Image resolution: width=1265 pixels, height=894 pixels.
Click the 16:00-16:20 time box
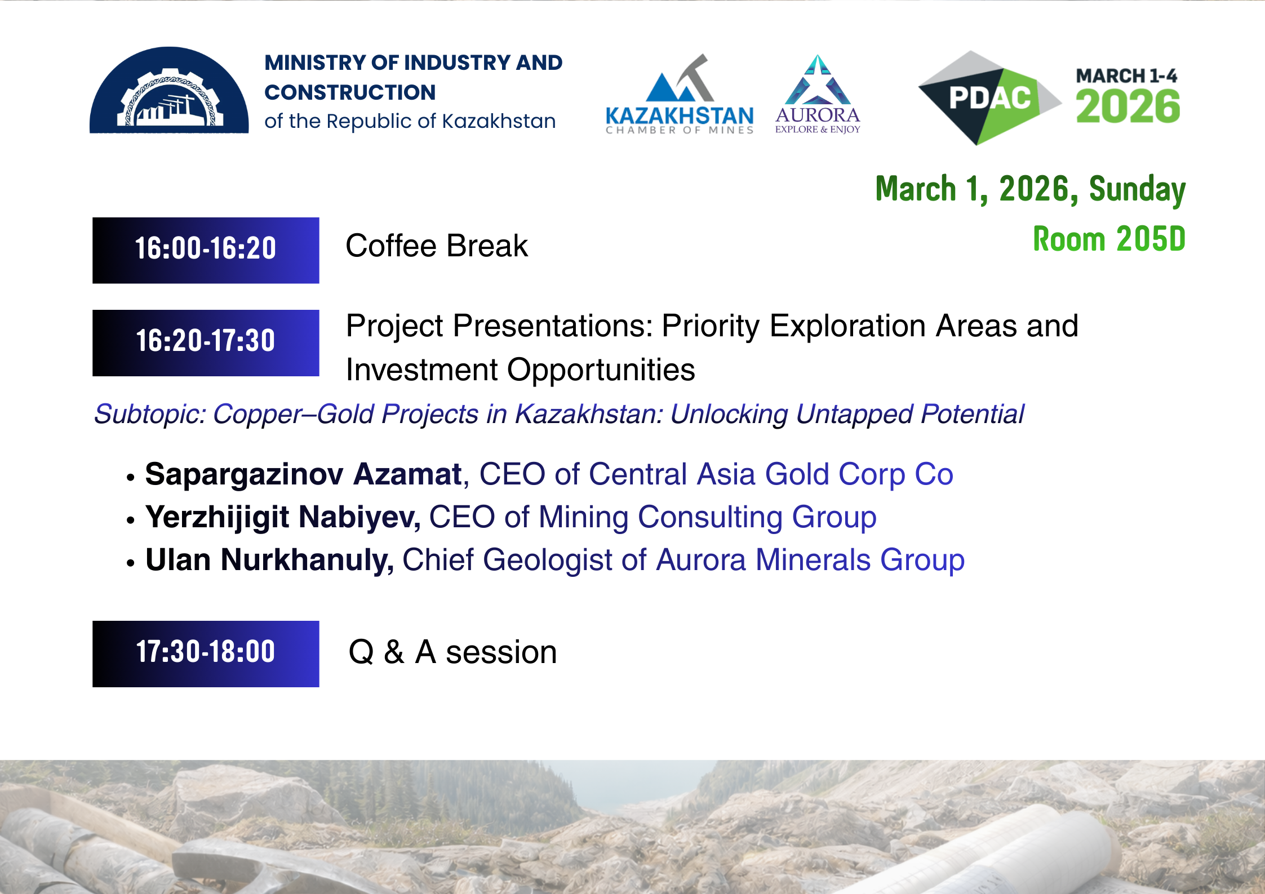(206, 250)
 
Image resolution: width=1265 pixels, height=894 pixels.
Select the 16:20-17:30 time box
(206, 343)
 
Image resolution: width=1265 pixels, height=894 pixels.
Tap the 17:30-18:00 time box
(206, 653)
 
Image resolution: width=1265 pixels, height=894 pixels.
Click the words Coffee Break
(437, 246)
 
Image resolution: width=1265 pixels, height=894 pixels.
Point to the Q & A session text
(453, 652)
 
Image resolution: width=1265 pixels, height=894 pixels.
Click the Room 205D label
(1109, 239)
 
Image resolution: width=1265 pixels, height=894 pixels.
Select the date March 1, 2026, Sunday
(1030, 189)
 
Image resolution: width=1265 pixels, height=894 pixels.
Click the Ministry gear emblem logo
(169, 90)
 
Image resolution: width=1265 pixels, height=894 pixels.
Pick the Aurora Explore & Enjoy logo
(818, 95)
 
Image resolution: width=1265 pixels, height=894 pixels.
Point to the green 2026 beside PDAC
(1128, 106)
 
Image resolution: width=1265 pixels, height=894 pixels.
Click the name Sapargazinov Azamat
(303, 474)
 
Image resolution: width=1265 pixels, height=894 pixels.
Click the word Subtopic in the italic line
(150, 415)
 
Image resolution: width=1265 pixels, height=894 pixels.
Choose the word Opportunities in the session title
(601, 371)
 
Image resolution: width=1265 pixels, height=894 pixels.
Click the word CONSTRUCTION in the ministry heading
(350, 92)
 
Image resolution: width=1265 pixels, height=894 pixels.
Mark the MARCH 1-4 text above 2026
(1126, 75)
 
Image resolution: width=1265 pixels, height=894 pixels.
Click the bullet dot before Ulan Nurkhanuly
(131, 563)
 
